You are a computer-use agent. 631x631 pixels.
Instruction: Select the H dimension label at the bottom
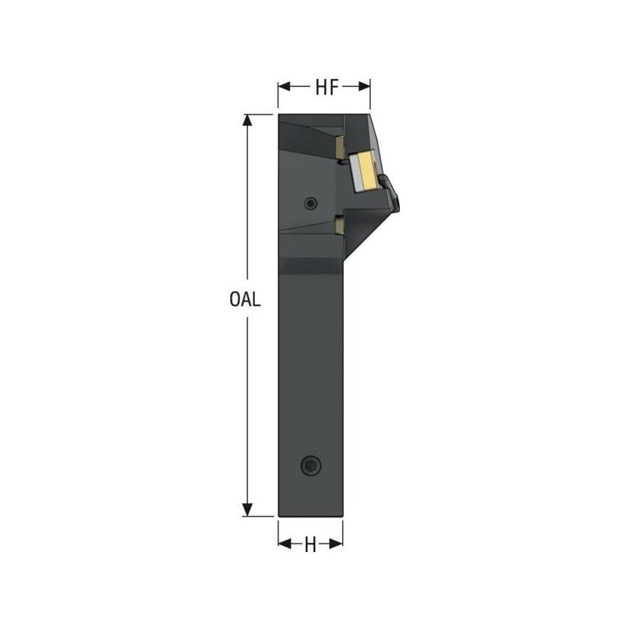[310, 543]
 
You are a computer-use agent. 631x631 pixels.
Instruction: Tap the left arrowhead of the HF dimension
[282, 87]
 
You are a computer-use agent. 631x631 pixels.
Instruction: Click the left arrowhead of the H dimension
[283, 543]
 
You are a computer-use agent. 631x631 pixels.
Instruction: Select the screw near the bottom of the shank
[311, 466]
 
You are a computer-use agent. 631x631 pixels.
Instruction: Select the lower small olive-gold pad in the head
[338, 225]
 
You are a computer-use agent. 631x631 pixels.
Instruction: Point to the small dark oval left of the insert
[343, 162]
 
